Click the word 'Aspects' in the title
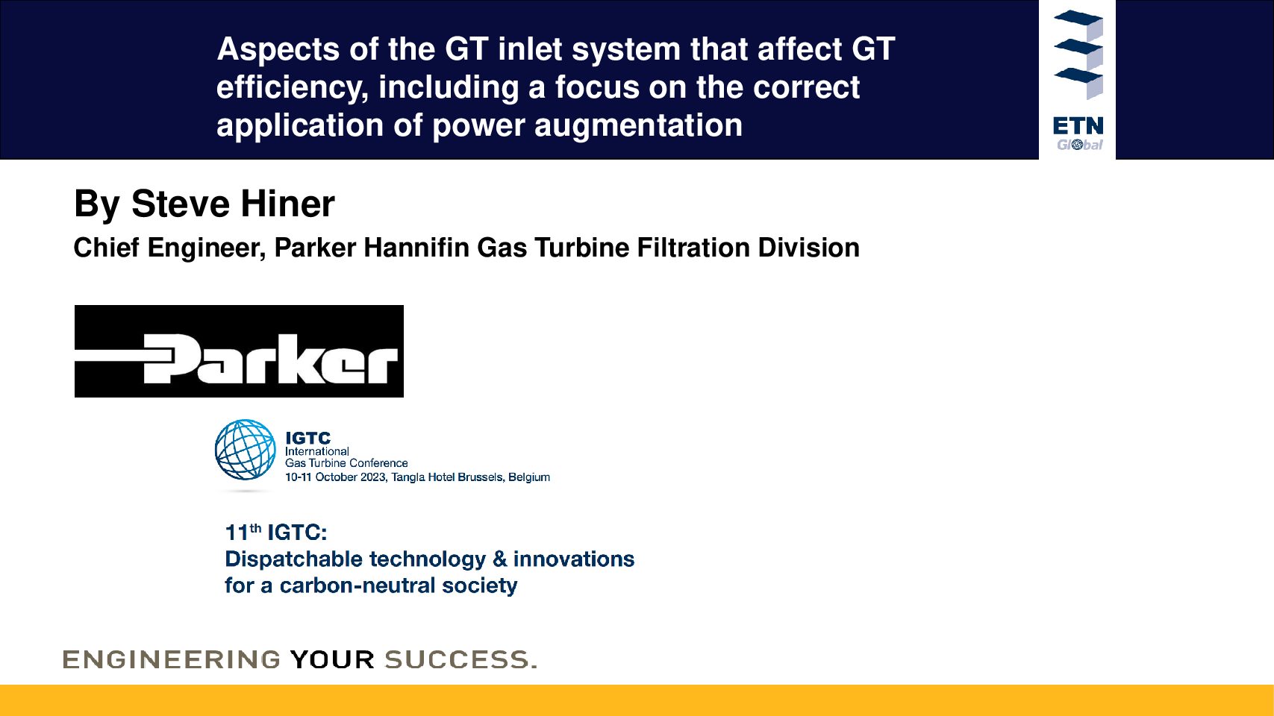coord(278,50)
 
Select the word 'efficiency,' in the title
coord(293,88)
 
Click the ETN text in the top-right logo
coord(1078,125)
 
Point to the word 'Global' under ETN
coord(1079,145)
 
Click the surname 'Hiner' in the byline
coord(287,204)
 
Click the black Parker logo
coord(239,351)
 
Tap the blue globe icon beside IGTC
coord(245,450)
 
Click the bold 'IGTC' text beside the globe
coord(307,438)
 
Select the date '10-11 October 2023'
coord(336,477)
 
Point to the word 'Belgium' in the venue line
coord(529,477)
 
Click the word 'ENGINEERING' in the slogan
coord(171,660)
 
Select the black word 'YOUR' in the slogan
coord(332,660)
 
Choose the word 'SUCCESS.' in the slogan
coord(460,660)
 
